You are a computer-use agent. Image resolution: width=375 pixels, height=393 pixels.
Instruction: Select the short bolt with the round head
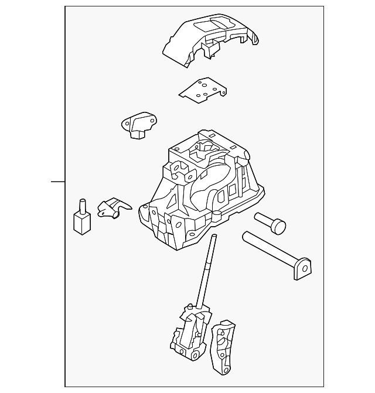270,223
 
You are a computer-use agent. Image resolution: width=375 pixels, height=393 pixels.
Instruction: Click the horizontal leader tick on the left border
57,181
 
